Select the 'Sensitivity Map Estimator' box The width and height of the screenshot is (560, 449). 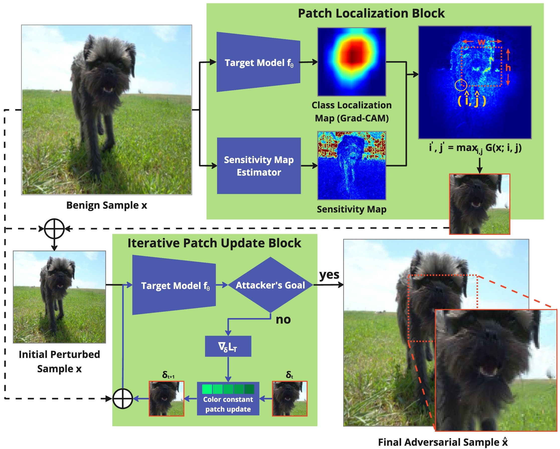point(259,166)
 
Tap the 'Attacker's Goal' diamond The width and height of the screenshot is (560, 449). point(270,285)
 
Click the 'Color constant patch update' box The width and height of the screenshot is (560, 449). point(228,399)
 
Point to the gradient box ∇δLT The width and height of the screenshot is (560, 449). point(228,346)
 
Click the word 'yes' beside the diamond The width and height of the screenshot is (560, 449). point(329,275)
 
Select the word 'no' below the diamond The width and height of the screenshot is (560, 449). point(283,320)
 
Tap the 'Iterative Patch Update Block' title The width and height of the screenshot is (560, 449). point(214,243)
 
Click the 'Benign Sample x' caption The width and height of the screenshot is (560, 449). point(107,205)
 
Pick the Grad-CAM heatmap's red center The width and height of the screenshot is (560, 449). point(352,55)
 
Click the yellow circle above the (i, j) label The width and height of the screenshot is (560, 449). point(461,85)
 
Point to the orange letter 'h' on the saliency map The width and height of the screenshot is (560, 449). point(508,68)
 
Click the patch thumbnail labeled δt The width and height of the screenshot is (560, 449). point(290,399)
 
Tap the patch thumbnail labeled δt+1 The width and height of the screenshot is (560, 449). point(166,399)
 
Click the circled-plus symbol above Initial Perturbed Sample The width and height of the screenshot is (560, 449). point(54,229)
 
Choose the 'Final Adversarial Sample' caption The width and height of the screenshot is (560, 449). point(443,442)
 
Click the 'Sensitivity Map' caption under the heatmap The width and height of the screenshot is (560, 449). point(351,209)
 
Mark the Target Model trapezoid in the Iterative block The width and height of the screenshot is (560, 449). point(174,285)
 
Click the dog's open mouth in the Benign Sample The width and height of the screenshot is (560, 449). point(108,89)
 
